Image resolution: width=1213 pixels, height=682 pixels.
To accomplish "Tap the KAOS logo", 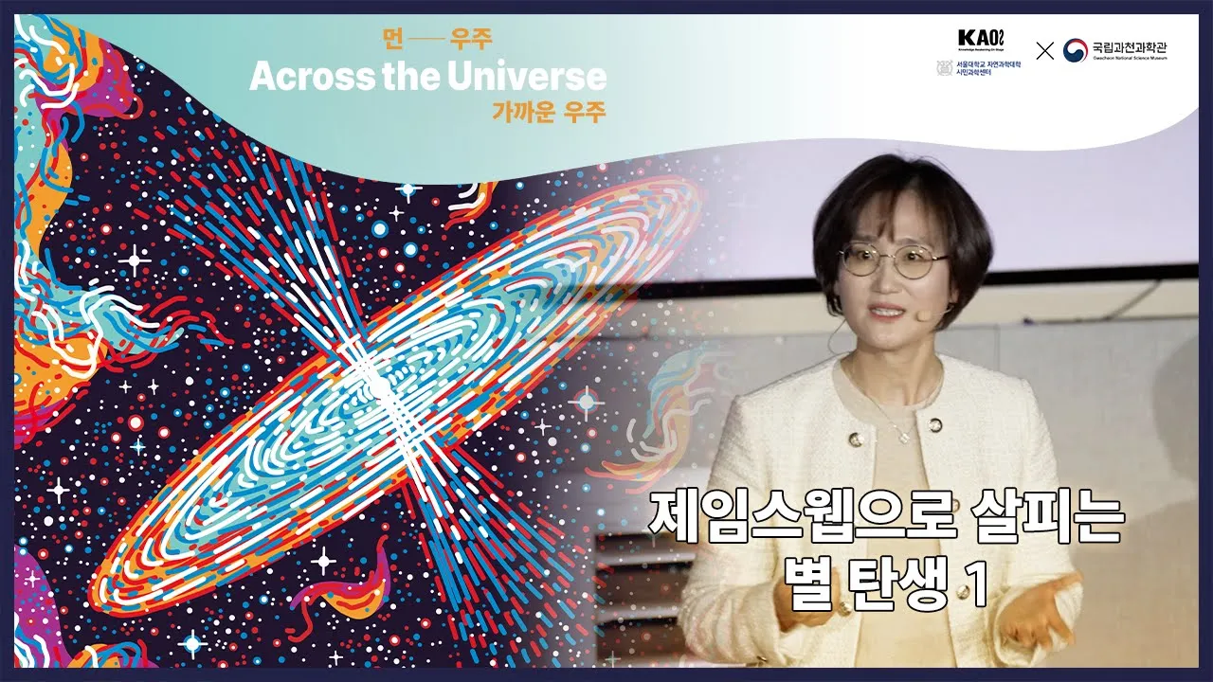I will point(980,39).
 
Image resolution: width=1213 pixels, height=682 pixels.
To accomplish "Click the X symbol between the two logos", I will point(1044,51).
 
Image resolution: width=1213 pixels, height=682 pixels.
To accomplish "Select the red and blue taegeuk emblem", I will point(1075,50).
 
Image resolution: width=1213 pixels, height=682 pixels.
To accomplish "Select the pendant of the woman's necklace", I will point(904,436).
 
